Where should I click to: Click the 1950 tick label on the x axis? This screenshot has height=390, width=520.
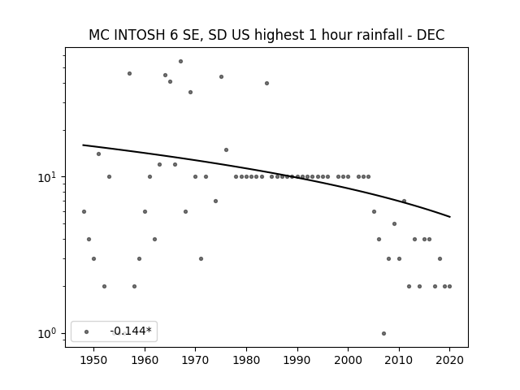click(x=94, y=360)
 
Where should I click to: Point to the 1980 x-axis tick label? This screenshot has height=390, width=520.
click(x=246, y=360)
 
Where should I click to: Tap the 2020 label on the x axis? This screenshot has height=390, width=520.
click(x=449, y=360)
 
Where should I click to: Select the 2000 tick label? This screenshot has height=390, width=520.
click(x=348, y=360)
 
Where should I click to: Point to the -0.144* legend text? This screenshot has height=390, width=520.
click(x=131, y=331)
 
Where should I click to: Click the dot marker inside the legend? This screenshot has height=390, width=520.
click(x=87, y=331)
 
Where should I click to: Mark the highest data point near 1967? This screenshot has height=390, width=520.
click(x=180, y=62)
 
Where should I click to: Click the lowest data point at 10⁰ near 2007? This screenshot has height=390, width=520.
click(x=383, y=334)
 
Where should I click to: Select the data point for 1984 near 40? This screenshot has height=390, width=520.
click(x=267, y=83)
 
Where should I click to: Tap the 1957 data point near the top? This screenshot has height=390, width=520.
click(x=130, y=74)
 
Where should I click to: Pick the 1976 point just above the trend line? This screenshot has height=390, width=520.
click(x=226, y=149)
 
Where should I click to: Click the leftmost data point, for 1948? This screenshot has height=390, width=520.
click(x=84, y=211)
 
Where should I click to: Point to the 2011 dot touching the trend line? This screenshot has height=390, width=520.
click(x=404, y=201)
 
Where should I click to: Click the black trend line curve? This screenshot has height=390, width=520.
click(x=267, y=171)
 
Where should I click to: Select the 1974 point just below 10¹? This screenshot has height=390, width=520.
click(x=215, y=201)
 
